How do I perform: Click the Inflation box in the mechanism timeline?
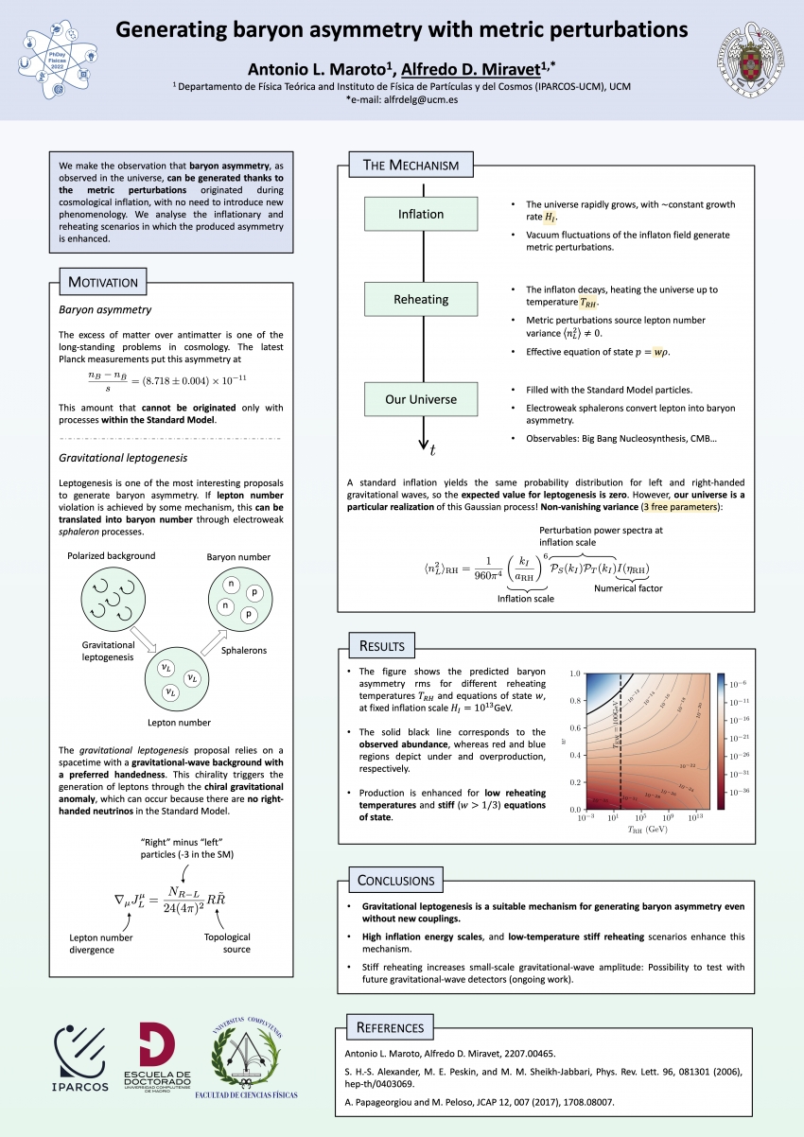tap(420, 214)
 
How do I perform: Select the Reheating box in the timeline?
tap(420, 300)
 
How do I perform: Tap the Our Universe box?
tap(420, 399)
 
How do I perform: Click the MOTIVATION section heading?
tap(102, 282)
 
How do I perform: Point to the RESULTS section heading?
tap(381, 646)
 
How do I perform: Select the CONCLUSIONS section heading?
tap(396, 881)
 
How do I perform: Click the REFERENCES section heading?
tap(390, 1027)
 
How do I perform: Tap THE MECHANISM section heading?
tap(411, 166)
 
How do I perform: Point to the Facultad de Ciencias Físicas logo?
tap(245, 1063)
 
